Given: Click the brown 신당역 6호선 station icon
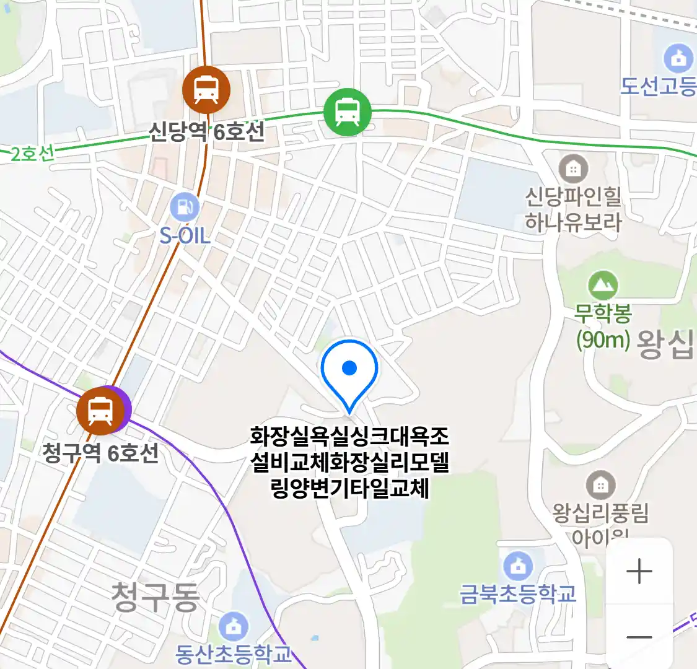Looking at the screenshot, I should click(206, 90).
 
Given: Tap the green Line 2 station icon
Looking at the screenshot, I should click(348, 112).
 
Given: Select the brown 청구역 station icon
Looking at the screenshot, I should click(100, 411).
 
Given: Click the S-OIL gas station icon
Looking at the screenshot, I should click(184, 207).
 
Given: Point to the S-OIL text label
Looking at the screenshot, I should click(185, 235).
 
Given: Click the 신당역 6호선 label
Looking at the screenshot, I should click(206, 131).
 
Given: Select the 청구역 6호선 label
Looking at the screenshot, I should click(100, 453).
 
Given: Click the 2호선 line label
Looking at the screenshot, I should click(32, 154).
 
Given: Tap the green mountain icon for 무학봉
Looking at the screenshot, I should click(602, 286).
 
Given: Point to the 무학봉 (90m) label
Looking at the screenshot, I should click(602, 326).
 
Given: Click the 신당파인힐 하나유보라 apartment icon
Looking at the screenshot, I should click(573, 168).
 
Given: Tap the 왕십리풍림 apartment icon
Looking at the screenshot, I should click(600, 485).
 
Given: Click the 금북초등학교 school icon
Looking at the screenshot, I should click(518, 566).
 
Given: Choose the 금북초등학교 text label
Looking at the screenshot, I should click(518, 594).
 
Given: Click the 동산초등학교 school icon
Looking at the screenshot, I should click(234, 627).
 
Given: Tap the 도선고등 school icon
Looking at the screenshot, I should click(678, 59).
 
